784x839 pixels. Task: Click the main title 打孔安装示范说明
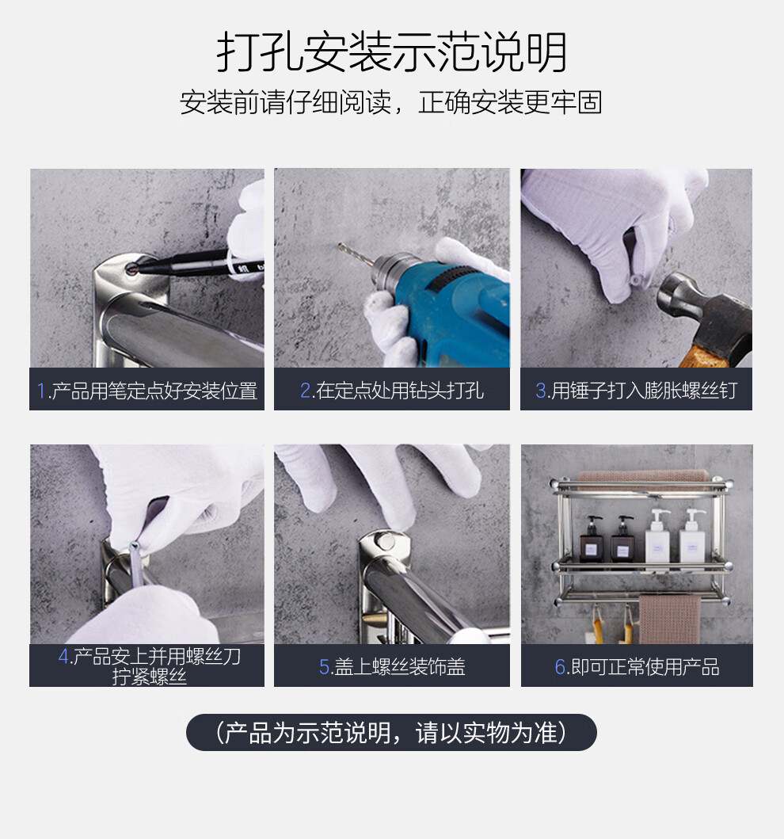click(x=391, y=52)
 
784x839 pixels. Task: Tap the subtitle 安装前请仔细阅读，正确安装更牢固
click(x=391, y=102)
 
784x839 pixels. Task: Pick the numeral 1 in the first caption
click(x=40, y=391)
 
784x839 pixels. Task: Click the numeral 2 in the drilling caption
click(x=306, y=391)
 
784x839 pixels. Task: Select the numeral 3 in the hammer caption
click(x=541, y=391)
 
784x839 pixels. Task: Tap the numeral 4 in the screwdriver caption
click(x=64, y=656)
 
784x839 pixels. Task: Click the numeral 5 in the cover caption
click(x=325, y=667)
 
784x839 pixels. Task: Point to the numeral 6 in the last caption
click(x=561, y=667)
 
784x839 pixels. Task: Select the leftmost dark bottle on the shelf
click(x=592, y=540)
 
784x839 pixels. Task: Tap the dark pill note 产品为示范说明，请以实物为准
click(x=391, y=732)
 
